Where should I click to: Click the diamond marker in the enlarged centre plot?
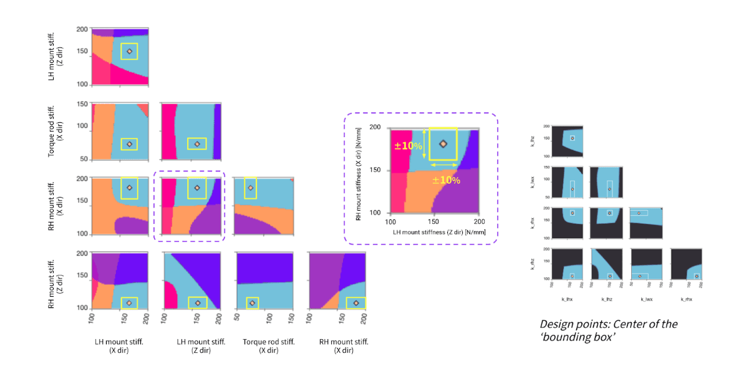pyautogui.click(x=443, y=144)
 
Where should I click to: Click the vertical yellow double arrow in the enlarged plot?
pyautogui.click(x=424, y=144)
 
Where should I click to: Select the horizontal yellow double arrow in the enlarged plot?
pyautogui.click(x=443, y=165)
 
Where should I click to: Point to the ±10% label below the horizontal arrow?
pyautogui.click(x=447, y=180)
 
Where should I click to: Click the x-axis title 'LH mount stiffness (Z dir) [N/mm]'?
pyautogui.click(x=435, y=232)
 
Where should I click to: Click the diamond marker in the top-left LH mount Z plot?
pyautogui.click(x=129, y=52)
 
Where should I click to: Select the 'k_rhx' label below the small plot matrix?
pyautogui.click(x=685, y=299)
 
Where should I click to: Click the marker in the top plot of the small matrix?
pyautogui.click(x=572, y=138)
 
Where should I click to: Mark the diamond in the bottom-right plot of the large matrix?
pyautogui.click(x=355, y=303)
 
